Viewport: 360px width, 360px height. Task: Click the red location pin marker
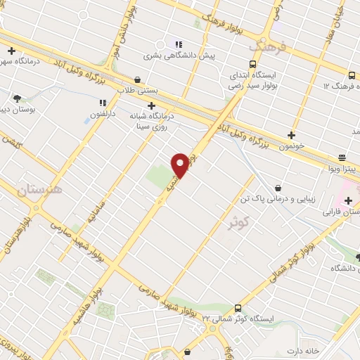pos(181,165)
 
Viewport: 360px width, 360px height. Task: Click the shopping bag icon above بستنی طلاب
pos(137,79)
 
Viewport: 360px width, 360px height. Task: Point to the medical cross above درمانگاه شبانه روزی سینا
pos(151,105)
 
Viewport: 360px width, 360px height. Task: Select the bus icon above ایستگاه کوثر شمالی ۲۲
pos(238,308)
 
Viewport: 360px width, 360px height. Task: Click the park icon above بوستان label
pos(17,98)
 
